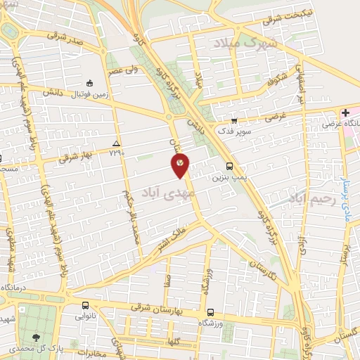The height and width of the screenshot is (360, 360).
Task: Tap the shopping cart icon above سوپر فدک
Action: click(x=234, y=120)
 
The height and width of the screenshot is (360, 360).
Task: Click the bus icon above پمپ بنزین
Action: click(x=231, y=167)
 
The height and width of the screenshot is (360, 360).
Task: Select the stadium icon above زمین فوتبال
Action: click(x=89, y=82)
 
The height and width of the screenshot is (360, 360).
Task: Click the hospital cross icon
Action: click(x=345, y=113)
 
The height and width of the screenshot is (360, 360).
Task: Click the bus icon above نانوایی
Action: click(x=85, y=305)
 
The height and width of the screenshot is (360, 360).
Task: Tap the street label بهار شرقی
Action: click(x=75, y=155)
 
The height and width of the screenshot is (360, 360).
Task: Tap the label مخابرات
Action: click(x=91, y=352)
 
